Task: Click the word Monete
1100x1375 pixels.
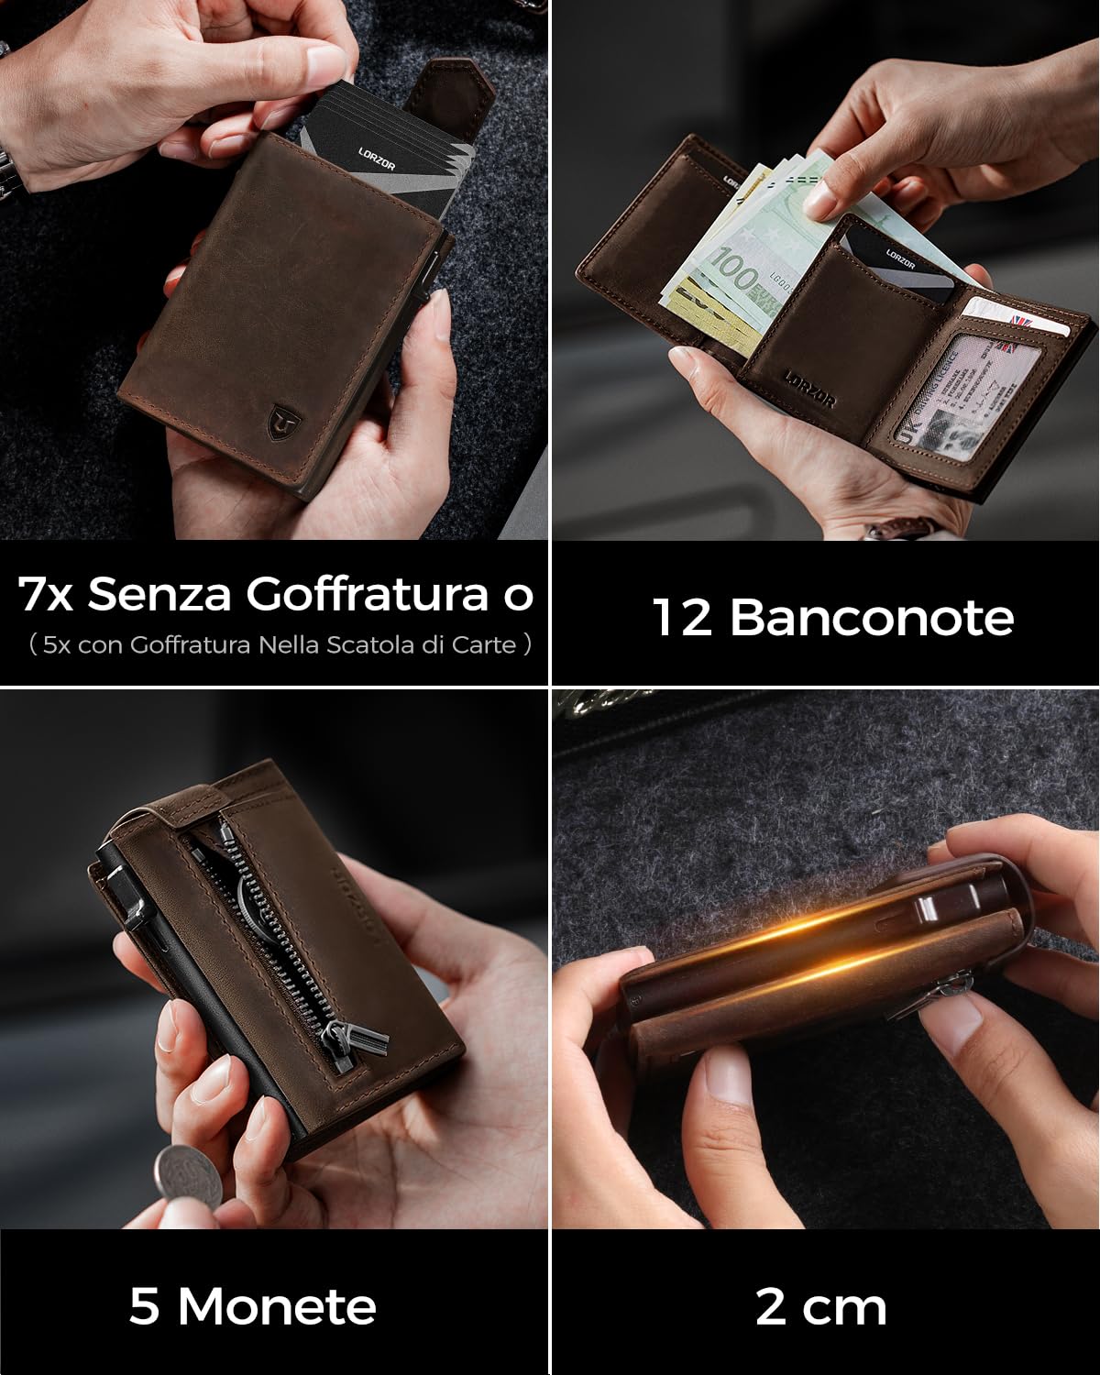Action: point(277,1305)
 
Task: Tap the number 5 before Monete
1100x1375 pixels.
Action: point(144,1305)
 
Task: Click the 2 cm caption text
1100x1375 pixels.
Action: point(820,1306)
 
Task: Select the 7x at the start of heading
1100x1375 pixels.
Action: point(46,595)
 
